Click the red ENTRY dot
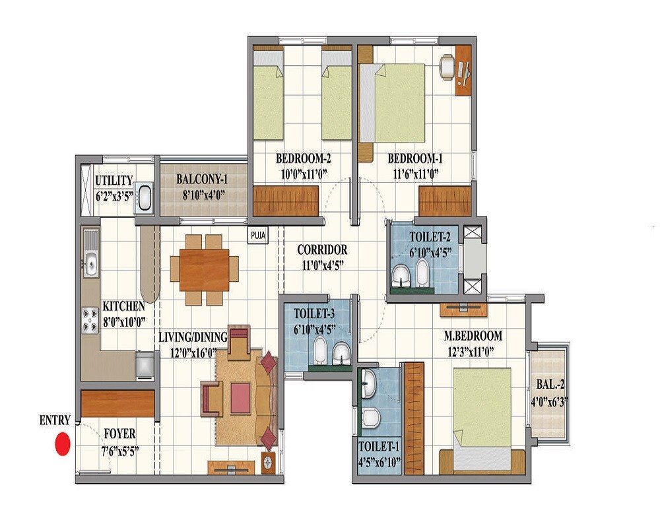click(62, 444)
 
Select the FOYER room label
click(120, 434)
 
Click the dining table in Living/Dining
click(205, 269)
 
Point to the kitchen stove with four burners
click(90, 321)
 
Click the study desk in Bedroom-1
click(463, 69)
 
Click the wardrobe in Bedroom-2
click(286, 201)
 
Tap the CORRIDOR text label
click(322, 251)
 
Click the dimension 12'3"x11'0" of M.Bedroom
click(473, 352)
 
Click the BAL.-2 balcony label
click(550, 383)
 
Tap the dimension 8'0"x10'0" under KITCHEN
click(123, 323)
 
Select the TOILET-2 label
click(430, 236)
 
